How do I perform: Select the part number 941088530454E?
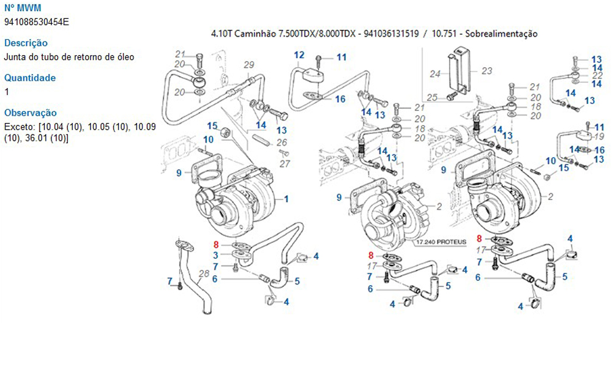tap(36, 22)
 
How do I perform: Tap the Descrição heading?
tap(26, 43)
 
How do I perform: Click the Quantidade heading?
tap(29, 78)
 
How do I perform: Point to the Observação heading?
tap(30, 113)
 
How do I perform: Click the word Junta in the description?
tap(15, 57)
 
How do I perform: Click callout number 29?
tap(248, 65)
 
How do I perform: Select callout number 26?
tap(282, 143)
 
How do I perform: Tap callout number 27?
tap(285, 163)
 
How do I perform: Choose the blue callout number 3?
tap(216, 254)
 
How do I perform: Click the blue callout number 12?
tap(299, 55)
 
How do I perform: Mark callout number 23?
tap(487, 71)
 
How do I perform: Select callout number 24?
tap(435, 74)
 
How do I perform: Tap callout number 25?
tap(432, 97)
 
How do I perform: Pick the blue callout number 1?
tap(286, 199)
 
